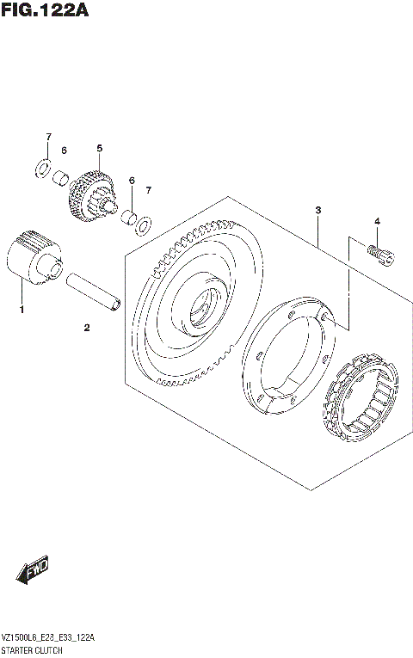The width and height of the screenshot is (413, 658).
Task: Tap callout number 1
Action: coord(22,307)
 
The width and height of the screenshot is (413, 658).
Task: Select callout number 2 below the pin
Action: coord(87,327)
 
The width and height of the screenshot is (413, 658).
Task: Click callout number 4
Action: coord(376,222)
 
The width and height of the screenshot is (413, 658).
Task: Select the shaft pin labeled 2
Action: coord(95,292)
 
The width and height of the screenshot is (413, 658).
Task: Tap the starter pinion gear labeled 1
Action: coord(33,255)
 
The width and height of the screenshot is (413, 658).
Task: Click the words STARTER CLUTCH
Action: coord(32,651)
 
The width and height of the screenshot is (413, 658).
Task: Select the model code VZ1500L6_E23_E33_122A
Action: coord(48,637)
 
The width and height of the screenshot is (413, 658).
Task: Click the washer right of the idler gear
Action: coord(145,224)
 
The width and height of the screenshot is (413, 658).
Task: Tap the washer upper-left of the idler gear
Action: coord(40,168)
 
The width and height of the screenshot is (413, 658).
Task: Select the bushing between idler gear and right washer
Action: coord(128,215)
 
